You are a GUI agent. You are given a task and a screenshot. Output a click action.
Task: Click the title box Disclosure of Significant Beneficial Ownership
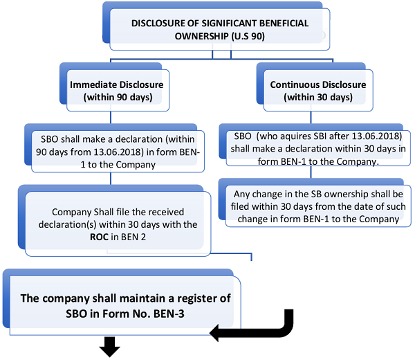(x=220, y=28)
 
